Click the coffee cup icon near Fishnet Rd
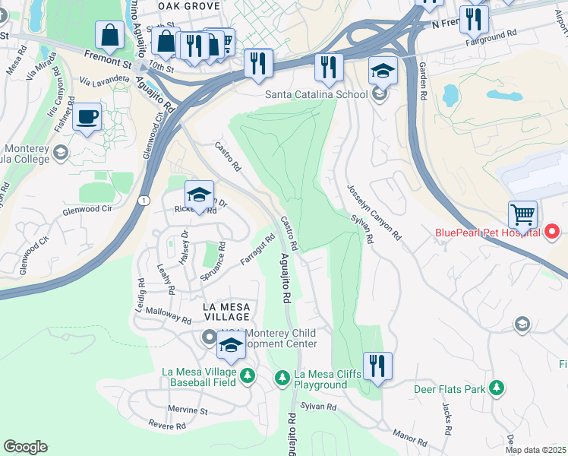pos(87,117)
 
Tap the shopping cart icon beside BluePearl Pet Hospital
pos(522,215)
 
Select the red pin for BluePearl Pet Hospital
pos(553,231)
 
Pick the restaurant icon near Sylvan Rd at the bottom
pos(376,366)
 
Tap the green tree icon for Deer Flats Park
pos(497,389)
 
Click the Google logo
pos(25,447)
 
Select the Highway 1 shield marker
pos(144,199)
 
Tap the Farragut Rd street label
pos(257,250)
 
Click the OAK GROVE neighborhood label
pos(188,5)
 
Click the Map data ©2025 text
pos(536,450)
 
